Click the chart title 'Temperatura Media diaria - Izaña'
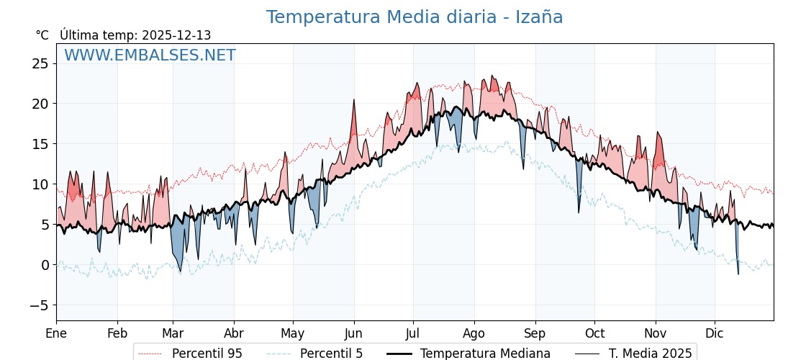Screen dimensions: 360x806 414,17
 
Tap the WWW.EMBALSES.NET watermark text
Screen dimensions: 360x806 150,55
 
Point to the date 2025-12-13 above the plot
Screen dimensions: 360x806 176,35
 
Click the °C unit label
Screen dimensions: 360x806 42,35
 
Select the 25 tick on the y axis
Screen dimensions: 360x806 40,63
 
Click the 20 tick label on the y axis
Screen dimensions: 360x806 40,104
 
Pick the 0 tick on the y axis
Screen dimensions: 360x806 44,265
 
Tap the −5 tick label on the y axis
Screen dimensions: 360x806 38,305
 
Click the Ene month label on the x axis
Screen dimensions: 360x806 56,333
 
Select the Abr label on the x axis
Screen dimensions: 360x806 234,333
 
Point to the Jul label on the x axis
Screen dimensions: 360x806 413,333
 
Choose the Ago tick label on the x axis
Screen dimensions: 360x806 474,333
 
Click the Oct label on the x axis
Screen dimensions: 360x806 594,333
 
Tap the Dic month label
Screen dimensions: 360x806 715,333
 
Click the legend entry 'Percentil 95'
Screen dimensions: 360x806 207,354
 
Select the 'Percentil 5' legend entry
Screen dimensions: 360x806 331,354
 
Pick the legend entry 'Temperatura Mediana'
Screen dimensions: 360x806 485,354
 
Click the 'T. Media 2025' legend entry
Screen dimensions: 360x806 650,354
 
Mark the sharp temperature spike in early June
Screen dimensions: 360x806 354,100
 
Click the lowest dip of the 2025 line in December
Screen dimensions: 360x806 738,274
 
